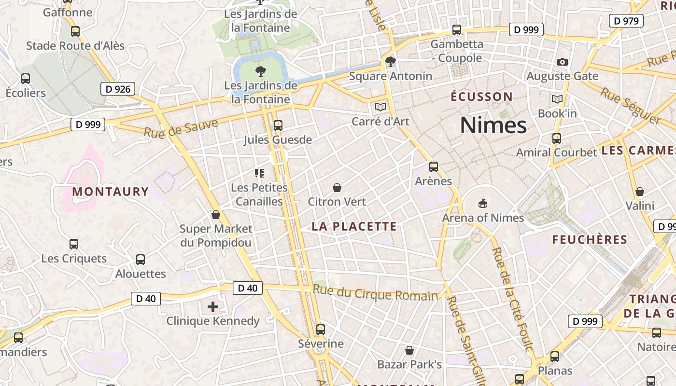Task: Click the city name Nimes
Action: [493, 125]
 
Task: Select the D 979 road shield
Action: [626, 21]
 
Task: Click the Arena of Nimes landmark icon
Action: [482, 204]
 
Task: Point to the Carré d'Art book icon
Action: [380, 107]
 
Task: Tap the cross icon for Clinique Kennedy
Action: [213, 306]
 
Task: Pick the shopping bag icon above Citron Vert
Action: [337, 188]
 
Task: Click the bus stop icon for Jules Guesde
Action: [278, 125]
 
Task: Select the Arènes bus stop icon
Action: [434, 167]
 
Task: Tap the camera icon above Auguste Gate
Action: [562, 62]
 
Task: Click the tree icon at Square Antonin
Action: [391, 62]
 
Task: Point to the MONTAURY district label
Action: [111, 192]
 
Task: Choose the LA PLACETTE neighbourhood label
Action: [354, 226]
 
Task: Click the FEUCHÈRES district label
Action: [590, 240]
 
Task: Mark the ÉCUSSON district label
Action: [481, 96]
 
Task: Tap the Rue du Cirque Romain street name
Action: [375, 293]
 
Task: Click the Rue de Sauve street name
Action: [181, 127]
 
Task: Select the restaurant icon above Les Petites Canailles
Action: [259, 173]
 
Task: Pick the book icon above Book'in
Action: [557, 99]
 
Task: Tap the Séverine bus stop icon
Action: [321, 330]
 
